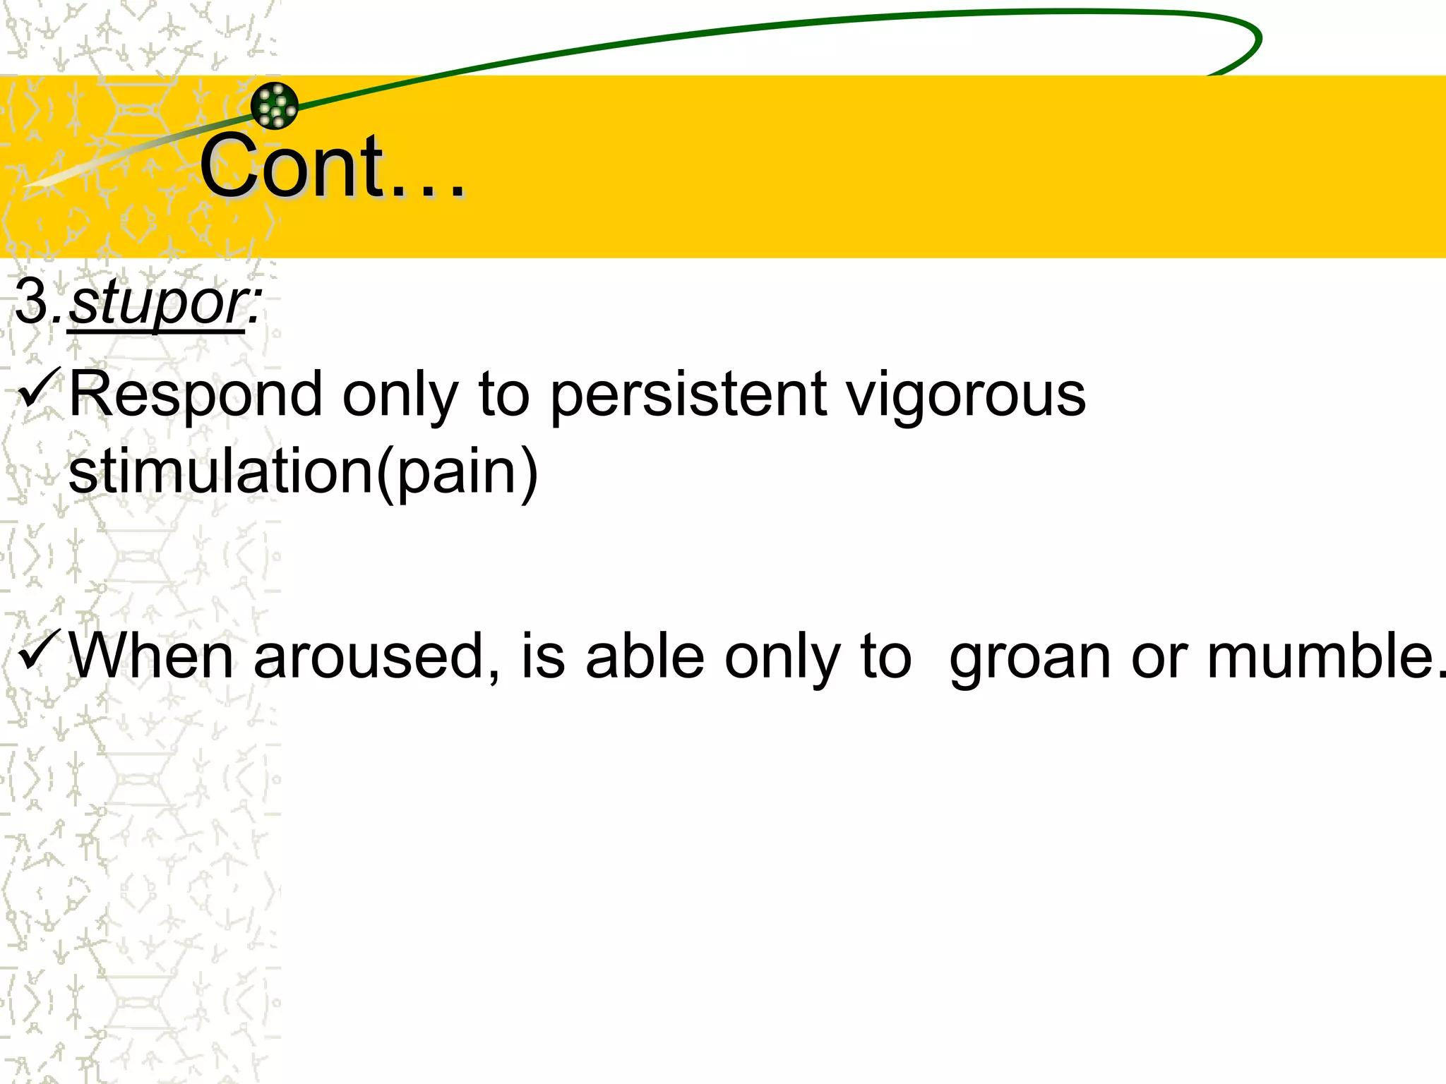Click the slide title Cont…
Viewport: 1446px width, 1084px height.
[x=332, y=167]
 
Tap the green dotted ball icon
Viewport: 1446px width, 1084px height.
[x=275, y=106]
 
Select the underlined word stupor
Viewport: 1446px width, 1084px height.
[x=157, y=303]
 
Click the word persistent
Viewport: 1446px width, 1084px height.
[x=688, y=395]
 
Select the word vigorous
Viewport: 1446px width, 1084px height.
[x=966, y=395]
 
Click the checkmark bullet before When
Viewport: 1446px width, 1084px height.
[x=38, y=651]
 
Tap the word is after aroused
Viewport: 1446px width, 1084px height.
[x=543, y=656]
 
